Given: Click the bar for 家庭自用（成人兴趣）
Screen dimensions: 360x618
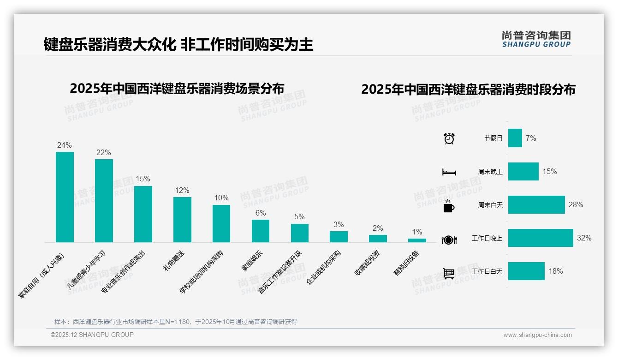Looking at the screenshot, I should point(65,197).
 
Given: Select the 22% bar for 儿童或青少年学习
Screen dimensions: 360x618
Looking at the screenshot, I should point(104,201).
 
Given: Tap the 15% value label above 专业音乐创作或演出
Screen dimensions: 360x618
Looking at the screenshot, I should point(143,179).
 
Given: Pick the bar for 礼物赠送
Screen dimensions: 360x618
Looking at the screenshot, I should point(182,220).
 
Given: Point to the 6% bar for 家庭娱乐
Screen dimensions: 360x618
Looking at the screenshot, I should point(261,231).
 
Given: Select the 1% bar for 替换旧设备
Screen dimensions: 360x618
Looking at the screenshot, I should point(417,240).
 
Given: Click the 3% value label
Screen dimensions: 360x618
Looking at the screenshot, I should point(339,225).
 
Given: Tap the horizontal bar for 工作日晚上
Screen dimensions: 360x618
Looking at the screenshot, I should point(541,238).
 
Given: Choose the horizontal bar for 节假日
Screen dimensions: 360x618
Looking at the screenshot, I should point(515,138).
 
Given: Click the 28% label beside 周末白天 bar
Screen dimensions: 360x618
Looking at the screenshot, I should point(576,204).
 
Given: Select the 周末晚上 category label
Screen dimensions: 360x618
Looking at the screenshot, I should point(490,172).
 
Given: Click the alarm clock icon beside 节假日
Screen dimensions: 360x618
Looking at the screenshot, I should point(449,138).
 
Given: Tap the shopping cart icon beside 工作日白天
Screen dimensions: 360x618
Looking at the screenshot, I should point(449,273).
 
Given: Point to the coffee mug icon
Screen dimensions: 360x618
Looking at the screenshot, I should point(449,206).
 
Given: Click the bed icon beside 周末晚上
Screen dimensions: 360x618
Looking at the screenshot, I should point(449,172).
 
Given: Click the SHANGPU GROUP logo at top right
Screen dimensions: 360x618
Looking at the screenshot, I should point(536,39).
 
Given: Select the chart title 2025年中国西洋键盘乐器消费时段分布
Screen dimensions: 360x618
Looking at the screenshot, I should point(468,90).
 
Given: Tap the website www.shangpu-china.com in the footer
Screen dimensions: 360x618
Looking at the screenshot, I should point(537,335).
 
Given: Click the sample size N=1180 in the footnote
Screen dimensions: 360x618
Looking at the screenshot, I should point(178,322).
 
